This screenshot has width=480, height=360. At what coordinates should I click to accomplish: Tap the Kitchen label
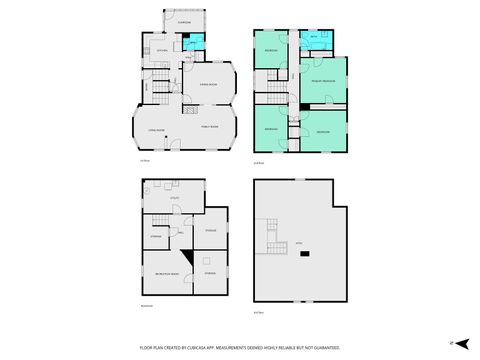click(x=160, y=48)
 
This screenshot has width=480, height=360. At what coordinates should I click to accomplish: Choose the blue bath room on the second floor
click(x=313, y=40)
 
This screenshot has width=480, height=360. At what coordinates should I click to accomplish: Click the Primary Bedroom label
click(x=322, y=80)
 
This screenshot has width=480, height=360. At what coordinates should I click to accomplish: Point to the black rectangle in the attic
click(x=305, y=254)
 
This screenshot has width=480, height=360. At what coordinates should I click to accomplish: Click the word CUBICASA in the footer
click(x=201, y=346)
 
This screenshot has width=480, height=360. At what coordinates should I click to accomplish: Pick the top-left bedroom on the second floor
click(x=270, y=50)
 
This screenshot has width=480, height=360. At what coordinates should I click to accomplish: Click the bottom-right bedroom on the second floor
click(x=322, y=131)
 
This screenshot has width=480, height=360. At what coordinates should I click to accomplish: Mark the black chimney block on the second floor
click(x=301, y=106)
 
